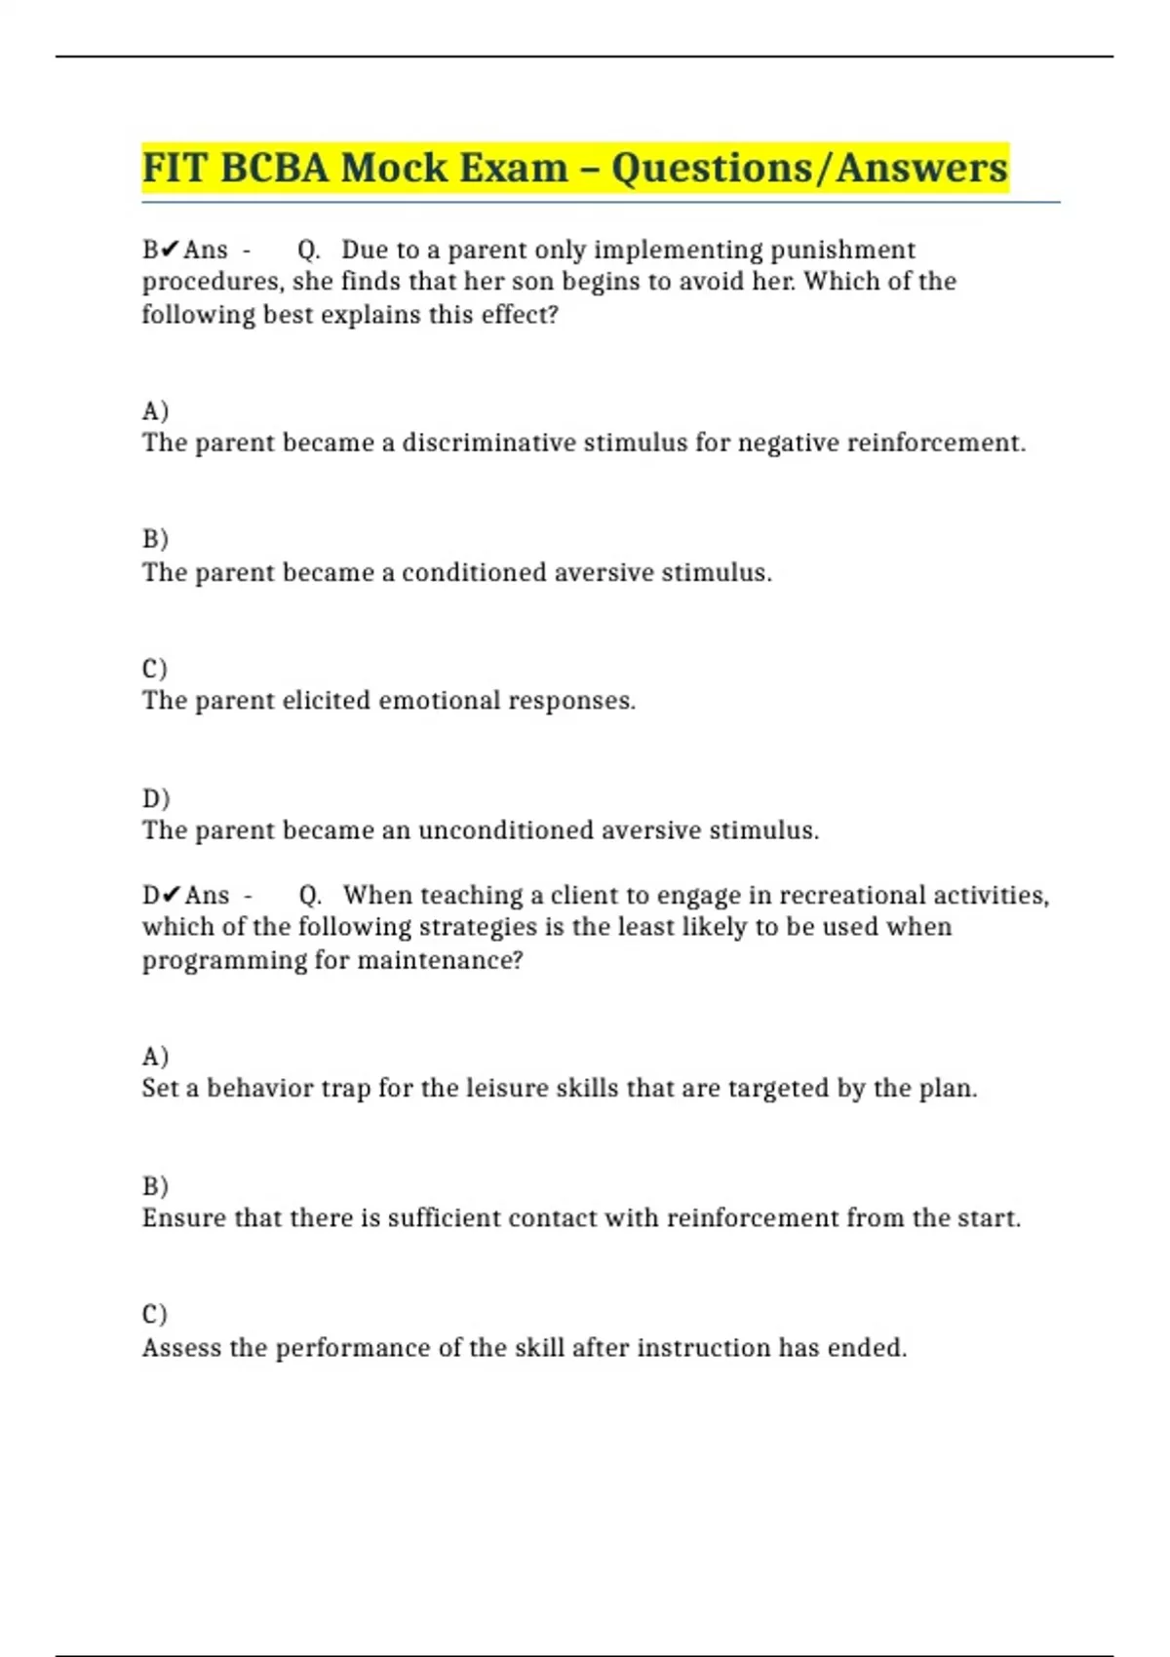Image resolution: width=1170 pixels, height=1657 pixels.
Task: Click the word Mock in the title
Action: tap(394, 168)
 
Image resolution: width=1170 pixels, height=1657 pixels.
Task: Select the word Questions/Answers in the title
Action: tap(809, 168)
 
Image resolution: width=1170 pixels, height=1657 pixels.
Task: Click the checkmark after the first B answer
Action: tap(171, 250)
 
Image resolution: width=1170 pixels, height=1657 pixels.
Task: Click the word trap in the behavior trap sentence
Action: tap(343, 1089)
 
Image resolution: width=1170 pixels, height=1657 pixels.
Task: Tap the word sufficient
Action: tap(444, 1218)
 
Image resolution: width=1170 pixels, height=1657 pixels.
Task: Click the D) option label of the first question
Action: tap(156, 799)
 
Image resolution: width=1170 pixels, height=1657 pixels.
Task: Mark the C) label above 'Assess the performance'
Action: tap(155, 1315)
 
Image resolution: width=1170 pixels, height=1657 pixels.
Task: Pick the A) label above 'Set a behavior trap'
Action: tap(155, 1057)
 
